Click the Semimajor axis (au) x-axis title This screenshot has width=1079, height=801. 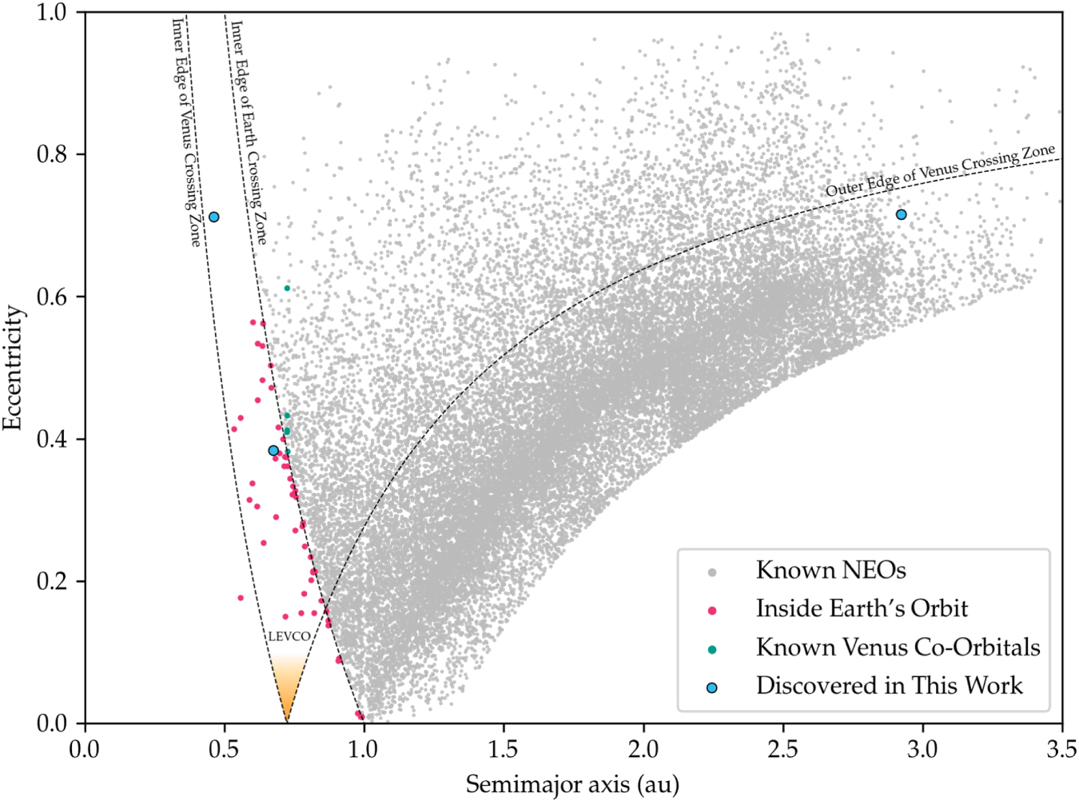(572, 784)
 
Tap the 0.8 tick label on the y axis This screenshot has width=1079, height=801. (52, 153)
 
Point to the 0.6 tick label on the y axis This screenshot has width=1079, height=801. (52, 296)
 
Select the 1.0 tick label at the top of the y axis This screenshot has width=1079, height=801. (52, 13)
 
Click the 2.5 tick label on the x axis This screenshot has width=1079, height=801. (782, 749)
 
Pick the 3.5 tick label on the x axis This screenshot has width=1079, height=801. (1061, 749)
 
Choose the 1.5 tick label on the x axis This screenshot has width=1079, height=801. (504, 749)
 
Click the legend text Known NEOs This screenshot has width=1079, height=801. (830, 571)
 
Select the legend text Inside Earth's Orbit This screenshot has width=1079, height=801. (862, 609)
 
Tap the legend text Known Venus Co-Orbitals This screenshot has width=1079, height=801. (898, 648)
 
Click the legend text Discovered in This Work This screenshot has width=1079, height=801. (889, 686)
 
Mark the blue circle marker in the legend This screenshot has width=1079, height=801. (712, 687)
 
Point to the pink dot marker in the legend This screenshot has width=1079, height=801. (712, 611)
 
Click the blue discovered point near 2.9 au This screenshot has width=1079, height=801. (901, 214)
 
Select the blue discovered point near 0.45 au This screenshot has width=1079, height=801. (213, 217)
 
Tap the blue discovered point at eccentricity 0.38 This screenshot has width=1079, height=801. (273, 451)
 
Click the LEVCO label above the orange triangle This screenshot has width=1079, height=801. (289, 636)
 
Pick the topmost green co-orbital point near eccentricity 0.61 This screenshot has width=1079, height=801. (287, 288)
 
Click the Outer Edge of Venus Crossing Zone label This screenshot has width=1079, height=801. (940, 170)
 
